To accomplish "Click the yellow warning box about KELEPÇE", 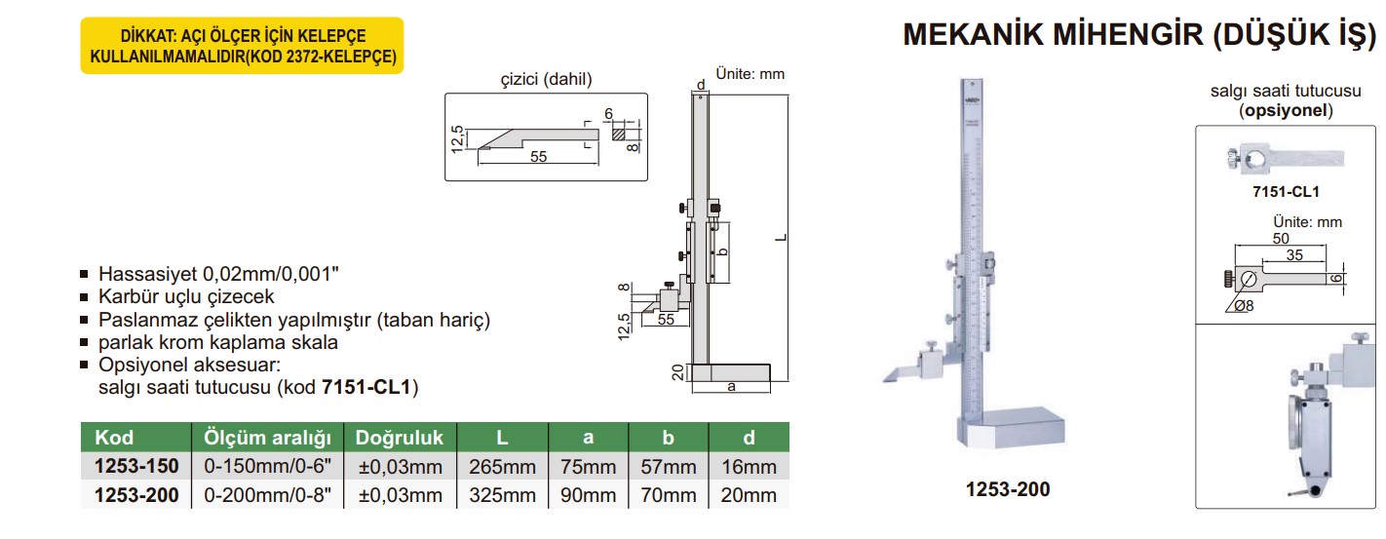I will coord(241,45).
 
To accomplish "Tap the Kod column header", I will coord(114,437).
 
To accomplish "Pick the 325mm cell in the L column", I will coord(503,495).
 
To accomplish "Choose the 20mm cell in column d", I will coord(749,495).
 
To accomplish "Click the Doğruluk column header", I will coord(400,437).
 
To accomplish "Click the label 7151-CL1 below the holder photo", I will coord(1286,192).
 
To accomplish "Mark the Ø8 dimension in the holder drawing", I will coord(1243,306).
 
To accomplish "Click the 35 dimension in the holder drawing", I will coord(1292,255).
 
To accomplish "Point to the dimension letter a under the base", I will coord(731,387).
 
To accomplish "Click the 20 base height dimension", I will coord(677,373).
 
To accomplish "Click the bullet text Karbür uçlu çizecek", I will coord(186,296).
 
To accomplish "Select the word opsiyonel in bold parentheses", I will coord(1286,110).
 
